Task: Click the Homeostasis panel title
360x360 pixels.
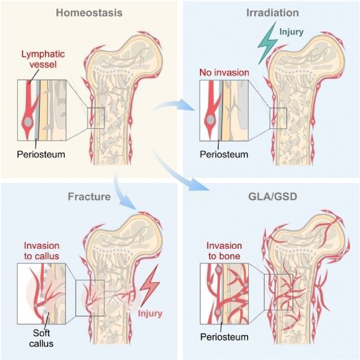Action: [x=89, y=13]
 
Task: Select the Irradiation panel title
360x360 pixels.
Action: [x=272, y=13]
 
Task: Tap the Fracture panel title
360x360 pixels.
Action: [x=89, y=197]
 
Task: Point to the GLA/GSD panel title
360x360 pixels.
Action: [x=272, y=197]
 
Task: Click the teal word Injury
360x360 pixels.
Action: [x=291, y=32]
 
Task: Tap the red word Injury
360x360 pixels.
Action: [x=150, y=313]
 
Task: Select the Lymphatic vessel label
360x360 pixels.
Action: [x=43, y=59]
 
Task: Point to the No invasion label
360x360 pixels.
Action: [x=224, y=73]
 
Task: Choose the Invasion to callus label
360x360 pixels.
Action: [x=42, y=251]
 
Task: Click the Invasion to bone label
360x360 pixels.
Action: [x=224, y=251]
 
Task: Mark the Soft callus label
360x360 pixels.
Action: [x=42, y=338]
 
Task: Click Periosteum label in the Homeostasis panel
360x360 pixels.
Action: [x=41, y=155]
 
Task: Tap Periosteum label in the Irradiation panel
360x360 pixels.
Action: [x=224, y=155]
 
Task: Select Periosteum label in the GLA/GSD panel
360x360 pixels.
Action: [x=224, y=337]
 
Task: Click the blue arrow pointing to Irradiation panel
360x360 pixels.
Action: [x=174, y=105]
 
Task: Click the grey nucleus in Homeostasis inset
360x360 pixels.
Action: [x=28, y=121]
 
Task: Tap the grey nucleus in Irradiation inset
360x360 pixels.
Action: [x=210, y=120]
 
